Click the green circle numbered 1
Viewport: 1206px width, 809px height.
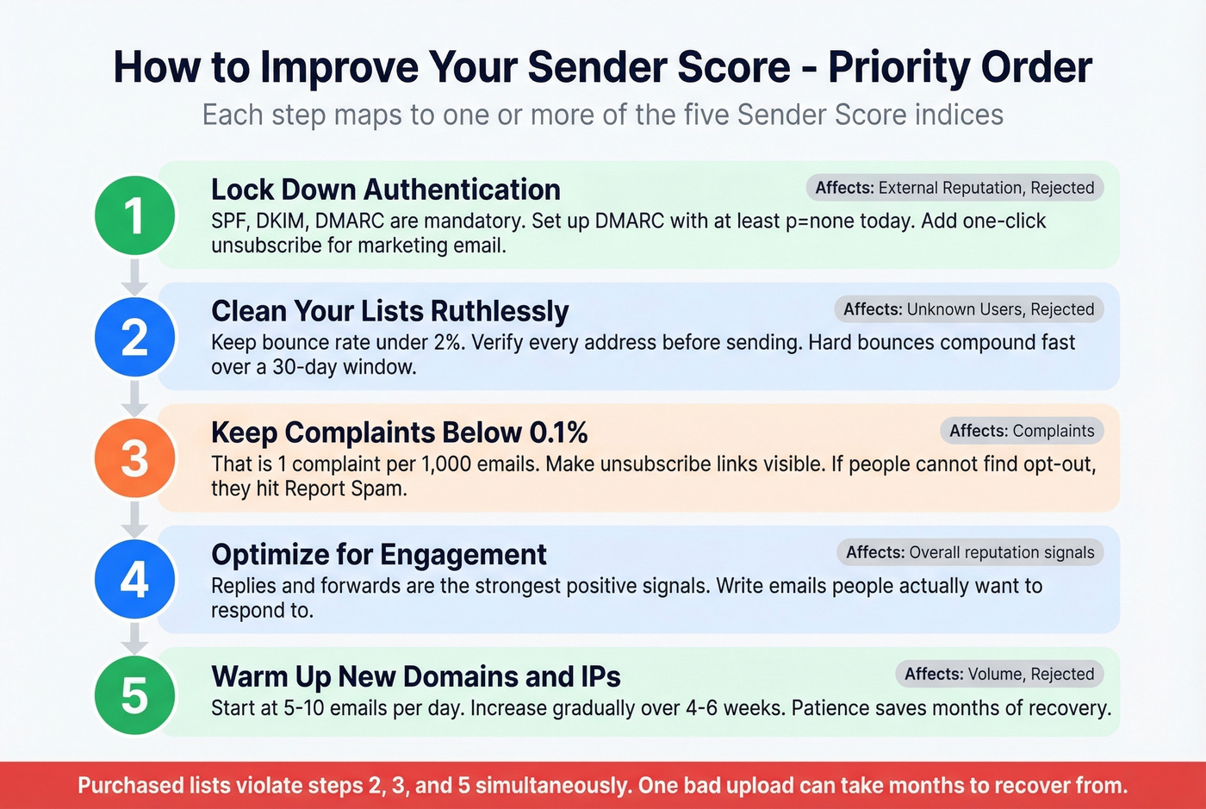[x=134, y=215]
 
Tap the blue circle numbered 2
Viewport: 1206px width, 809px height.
[x=134, y=337]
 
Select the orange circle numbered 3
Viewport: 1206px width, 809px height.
[x=134, y=458]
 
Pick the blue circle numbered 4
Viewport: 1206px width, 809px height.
[x=134, y=580]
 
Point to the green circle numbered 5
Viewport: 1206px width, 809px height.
[x=134, y=695]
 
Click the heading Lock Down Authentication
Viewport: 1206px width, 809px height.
[x=385, y=190]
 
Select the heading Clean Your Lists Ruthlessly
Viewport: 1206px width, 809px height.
[x=389, y=311]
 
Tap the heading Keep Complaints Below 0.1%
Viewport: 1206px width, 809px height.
[x=399, y=433]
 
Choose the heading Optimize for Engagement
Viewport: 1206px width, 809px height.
[x=378, y=555]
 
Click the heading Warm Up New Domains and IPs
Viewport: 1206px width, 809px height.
[x=415, y=677]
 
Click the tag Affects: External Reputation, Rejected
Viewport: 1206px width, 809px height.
[x=954, y=188]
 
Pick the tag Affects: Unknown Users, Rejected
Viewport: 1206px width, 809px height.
[x=968, y=309]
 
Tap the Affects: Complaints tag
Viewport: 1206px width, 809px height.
[x=1022, y=431]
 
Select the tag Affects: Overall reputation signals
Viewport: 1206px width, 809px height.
[x=970, y=552]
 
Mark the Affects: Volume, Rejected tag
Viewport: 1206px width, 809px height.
[x=999, y=674]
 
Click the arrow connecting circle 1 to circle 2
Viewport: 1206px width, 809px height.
[x=134, y=277]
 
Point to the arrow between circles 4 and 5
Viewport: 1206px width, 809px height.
[x=134, y=638]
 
